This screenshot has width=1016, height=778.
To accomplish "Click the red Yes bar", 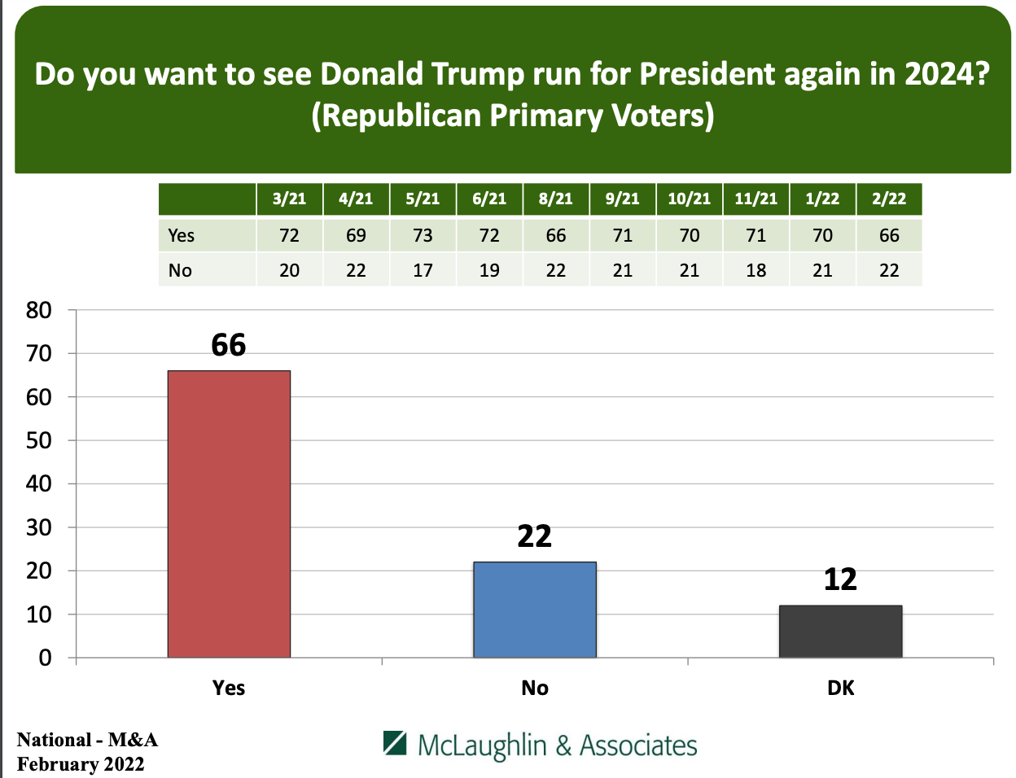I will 229,514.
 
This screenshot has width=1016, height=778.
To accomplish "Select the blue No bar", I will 535,610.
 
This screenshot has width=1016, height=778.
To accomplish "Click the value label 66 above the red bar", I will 229,345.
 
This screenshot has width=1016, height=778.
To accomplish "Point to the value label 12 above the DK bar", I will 840,579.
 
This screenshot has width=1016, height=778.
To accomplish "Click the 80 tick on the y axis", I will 39,310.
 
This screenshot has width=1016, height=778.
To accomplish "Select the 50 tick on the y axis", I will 39,440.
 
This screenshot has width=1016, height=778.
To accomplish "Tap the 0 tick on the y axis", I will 46,658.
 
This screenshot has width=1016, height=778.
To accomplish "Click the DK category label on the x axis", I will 840,688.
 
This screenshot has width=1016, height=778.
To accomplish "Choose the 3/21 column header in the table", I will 289,199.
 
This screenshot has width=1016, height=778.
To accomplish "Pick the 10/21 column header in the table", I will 689,199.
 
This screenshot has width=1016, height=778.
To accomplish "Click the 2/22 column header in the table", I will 889,199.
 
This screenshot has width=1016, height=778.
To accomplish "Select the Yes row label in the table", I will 182,235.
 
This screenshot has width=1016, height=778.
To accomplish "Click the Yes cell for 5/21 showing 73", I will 423,235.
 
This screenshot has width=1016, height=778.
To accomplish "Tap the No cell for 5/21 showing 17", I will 423,270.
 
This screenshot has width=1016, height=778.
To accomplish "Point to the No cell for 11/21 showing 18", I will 755,270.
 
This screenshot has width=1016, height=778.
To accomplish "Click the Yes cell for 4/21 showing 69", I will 356,235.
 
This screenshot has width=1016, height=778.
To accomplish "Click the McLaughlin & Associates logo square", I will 395,743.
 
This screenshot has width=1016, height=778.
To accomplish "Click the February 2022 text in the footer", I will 81,764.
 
